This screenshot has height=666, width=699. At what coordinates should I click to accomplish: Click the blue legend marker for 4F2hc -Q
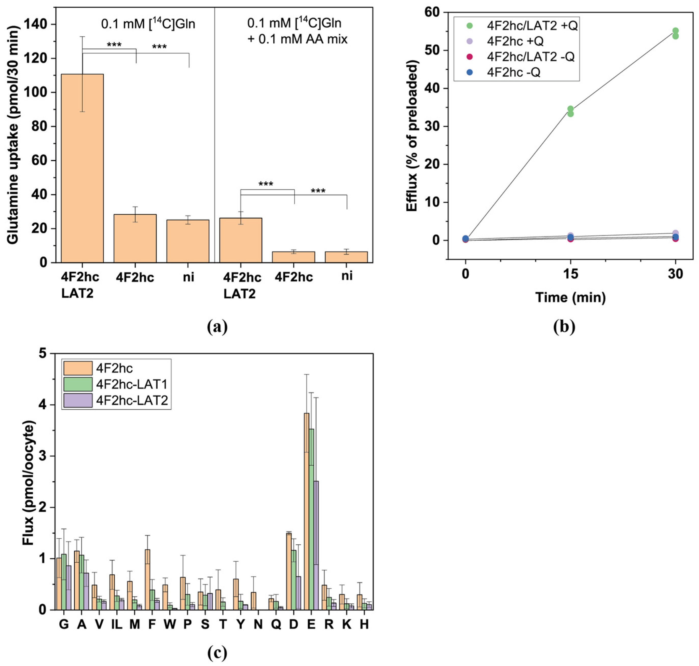(x=470, y=72)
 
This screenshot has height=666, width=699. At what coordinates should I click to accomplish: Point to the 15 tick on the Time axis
(x=570, y=274)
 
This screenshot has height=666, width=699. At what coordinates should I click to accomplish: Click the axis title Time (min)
(x=570, y=297)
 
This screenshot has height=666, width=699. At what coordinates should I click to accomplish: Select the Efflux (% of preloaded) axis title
(x=412, y=136)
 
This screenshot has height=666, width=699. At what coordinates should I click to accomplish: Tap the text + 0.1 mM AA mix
(x=297, y=39)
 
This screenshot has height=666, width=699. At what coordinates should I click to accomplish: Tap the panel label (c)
(x=217, y=653)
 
